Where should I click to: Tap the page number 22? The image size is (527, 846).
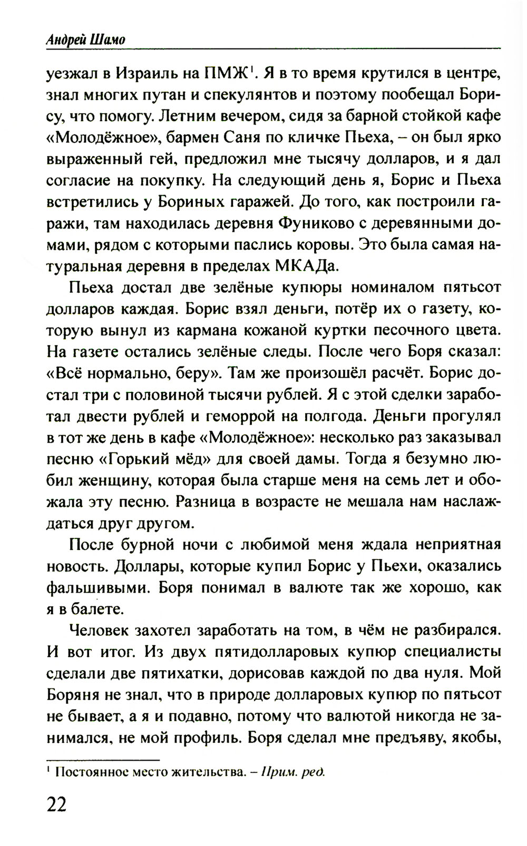57,804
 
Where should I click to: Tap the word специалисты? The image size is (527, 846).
453,652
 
